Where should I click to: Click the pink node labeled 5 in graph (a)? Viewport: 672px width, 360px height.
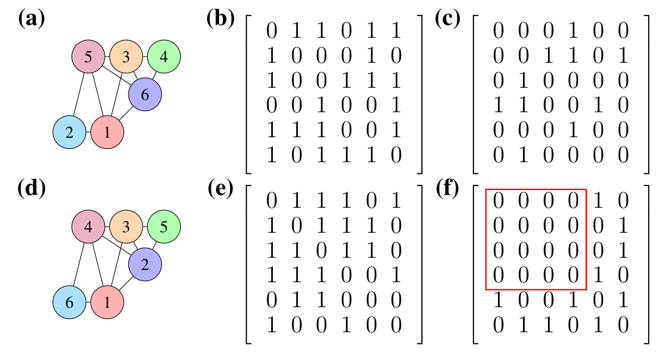(x=88, y=57)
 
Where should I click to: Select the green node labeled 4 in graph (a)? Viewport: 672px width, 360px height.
(x=163, y=57)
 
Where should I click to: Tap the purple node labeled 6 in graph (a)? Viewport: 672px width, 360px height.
(x=145, y=94)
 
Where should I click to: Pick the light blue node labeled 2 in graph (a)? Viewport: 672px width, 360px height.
(x=69, y=133)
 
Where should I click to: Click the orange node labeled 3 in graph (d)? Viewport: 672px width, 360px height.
(x=126, y=227)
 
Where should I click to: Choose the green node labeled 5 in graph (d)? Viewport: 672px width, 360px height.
(x=163, y=227)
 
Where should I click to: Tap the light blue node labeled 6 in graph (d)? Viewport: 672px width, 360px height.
(x=69, y=303)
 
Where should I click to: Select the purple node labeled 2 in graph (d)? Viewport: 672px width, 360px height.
(x=145, y=265)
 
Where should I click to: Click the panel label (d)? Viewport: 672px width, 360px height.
(x=31, y=189)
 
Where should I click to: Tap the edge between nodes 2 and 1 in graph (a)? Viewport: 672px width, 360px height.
(x=88, y=133)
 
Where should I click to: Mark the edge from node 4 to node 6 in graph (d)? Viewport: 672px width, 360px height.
(x=80, y=263)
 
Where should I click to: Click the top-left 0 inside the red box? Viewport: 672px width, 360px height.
(x=499, y=202)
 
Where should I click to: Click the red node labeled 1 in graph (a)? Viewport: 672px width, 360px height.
(x=107, y=133)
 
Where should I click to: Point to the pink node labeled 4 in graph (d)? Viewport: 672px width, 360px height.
(x=88, y=227)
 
